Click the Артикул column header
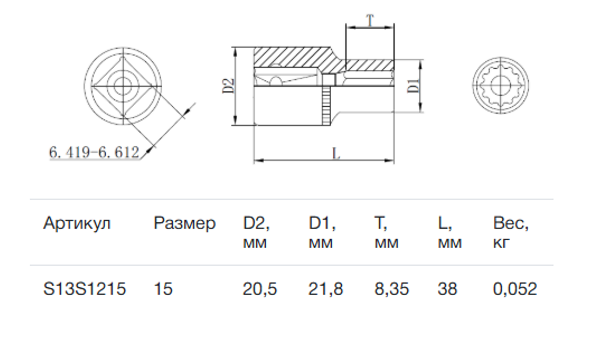pos(77,224)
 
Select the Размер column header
pos(184,224)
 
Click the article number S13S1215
pos(85,289)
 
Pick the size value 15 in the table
pos(163,289)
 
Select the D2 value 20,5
pos(260,289)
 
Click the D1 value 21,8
pos(325,289)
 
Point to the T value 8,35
pos(391,289)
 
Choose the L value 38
pos(447,289)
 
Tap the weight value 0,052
pos(515,289)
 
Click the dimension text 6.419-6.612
pos(94,152)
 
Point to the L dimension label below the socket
pos(336,154)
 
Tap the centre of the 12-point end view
pos(500,85)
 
